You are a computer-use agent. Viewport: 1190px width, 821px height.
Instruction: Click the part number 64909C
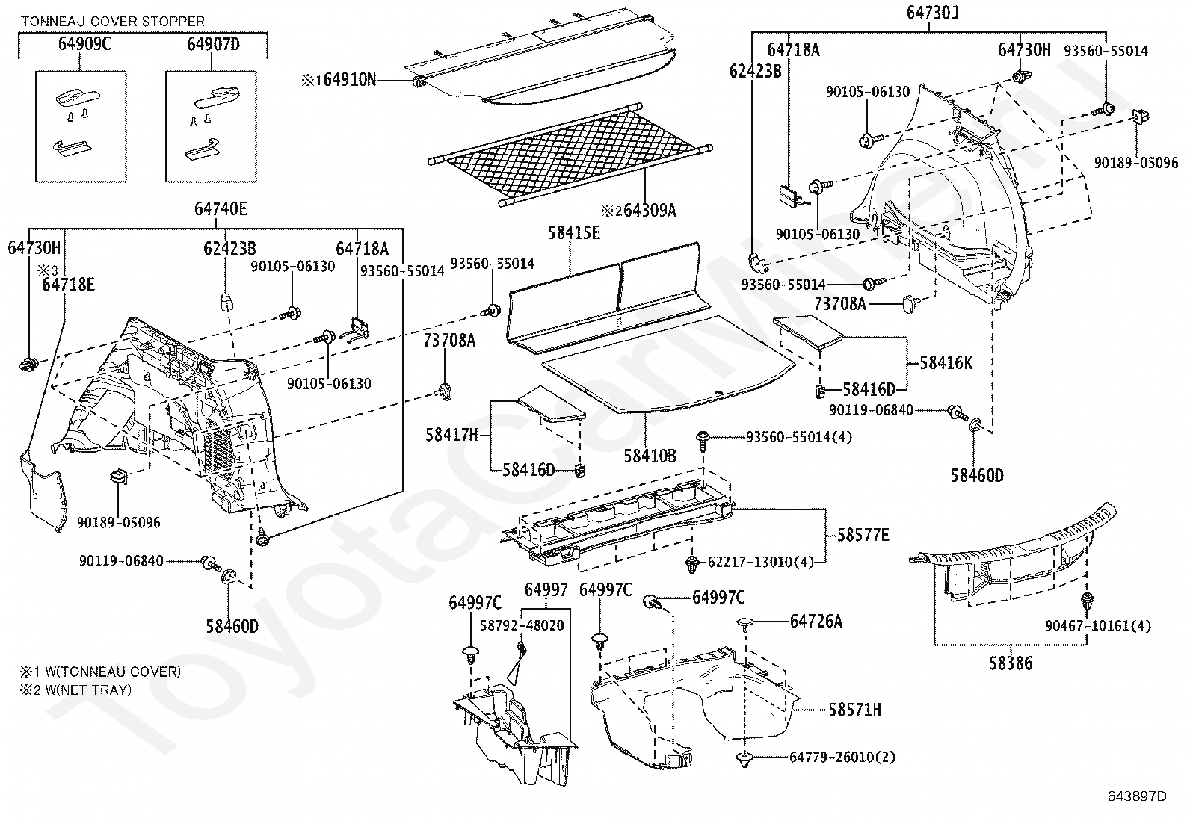(x=84, y=45)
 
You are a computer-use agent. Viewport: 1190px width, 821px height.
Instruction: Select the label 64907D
(x=214, y=45)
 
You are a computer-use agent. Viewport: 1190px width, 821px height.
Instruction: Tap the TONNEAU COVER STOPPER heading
(x=112, y=22)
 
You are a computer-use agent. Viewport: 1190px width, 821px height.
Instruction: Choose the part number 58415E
(x=574, y=233)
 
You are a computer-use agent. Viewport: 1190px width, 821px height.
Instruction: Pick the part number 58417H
(x=451, y=435)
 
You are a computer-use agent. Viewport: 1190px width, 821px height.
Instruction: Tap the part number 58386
(x=1012, y=663)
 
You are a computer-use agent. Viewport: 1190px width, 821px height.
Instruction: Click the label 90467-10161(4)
(x=1098, y=625)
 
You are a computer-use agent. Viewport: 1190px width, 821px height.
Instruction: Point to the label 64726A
(x=816, y=622)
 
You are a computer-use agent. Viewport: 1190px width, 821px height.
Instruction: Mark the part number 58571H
(x=854, y=710)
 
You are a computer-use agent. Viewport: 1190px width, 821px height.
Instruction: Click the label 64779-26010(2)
(x=842, y=758)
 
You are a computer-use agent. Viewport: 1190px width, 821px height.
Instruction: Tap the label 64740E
(x=221, y=208)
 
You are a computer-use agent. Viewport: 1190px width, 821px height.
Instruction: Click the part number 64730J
(x=933, y=13)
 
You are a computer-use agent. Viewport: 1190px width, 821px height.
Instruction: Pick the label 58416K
(x=946, y=363)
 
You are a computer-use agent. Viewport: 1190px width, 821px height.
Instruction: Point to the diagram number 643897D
(x=1137, y=796)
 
